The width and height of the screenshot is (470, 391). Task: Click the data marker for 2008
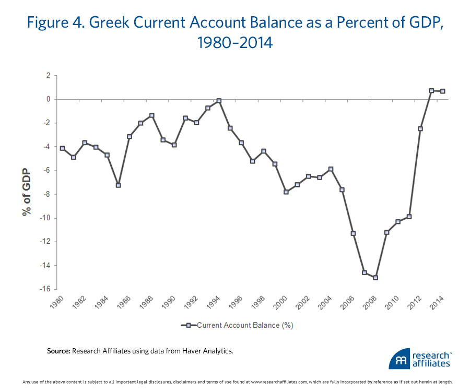pos(375,277)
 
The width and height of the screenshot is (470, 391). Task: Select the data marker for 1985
pos(119,185)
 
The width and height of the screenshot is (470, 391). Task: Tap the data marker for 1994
pos(219,101)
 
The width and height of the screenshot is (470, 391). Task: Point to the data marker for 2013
pos(431,91)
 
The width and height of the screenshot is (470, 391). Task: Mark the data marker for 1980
pos(63,148)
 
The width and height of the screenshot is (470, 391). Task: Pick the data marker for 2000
pos(286,192)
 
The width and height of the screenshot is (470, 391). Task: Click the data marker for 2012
pos(420,128)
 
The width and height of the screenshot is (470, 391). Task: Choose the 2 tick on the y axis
pos(48,76)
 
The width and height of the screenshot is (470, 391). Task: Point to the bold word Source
pos(58,351)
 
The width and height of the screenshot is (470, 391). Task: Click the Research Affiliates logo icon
pos(399,360)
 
